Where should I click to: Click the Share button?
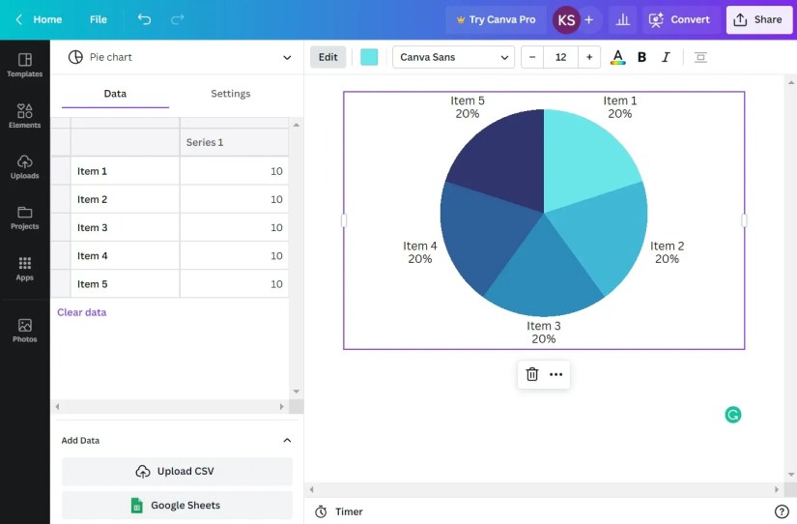pyautogui.click(x=758, y=19)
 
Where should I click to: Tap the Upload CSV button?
pyautogui.click(x=177, y=472)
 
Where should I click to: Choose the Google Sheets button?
pyautogui.click(x=177, y=506)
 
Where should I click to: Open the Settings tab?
pyautogui.click(x=230, y=94)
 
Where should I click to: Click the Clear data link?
pyautogui.click(x=82, y=312)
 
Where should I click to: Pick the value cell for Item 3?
pyautogui.click(x=234, y=228)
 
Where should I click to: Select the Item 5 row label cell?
pyautogui.click(x=125, y=284)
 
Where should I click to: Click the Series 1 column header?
pyautogui.click(x=234, y=142)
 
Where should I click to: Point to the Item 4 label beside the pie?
pyautogui.click(x=420, y=252)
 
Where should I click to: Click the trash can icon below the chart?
pyautogui.click(x=532, y=374)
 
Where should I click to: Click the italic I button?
pyautogui.click(x=666, y=57)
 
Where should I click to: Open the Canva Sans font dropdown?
pyautogui.click(x=452, y=57)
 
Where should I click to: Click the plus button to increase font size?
pyautogui.click(x=589, y=57)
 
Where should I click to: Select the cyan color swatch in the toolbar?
pyautogui.click(x=369, y=57)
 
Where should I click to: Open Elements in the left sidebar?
pyautogui.click(x=25, y=115)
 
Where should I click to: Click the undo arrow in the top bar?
pyautogui.click(x=144, y=19)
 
